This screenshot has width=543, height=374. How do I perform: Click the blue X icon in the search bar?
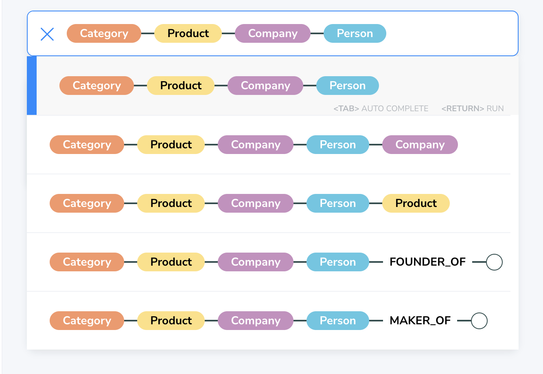(47, 34)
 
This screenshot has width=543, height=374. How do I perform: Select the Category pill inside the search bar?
(104, 33)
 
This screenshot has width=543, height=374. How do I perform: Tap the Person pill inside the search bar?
(355, 33)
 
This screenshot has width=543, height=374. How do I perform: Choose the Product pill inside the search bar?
(188, 33)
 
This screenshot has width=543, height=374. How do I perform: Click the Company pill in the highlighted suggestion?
(265, 86)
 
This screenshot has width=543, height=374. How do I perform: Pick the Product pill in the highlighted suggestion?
(181, 86)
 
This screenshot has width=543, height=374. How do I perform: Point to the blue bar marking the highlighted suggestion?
(32, 86)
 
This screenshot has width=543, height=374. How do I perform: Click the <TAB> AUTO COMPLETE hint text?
(381, 109)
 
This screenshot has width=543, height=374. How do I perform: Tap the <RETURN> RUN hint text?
(472, 109)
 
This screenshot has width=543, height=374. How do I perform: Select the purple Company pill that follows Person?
(420, 145)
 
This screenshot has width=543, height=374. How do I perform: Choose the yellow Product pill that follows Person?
(416, 203)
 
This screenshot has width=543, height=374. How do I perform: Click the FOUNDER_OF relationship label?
(427, 262)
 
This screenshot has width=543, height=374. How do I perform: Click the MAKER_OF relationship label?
(420, 321)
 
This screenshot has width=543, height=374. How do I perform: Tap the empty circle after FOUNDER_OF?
(494, 262)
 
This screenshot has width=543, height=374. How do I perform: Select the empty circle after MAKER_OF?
(479, 321)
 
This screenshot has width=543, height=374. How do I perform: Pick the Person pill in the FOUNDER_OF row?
(337, 262)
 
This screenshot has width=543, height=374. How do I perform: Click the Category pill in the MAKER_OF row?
(87, 321)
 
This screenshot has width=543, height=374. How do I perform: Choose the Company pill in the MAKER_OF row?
(256, 321)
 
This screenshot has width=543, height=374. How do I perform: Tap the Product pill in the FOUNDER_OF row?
(171, 262)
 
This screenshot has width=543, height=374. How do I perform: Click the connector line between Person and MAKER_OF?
(376, 321)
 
